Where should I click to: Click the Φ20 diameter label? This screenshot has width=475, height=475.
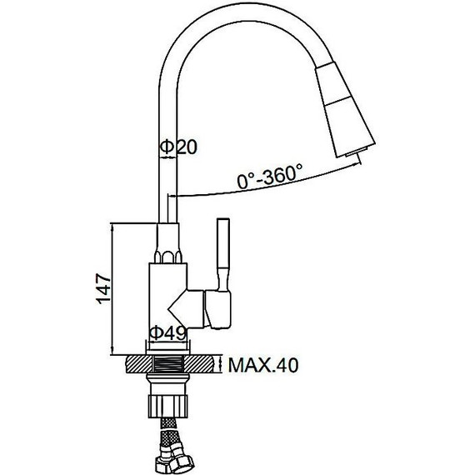coord(177,147)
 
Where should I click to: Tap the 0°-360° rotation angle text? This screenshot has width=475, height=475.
coord(269,178)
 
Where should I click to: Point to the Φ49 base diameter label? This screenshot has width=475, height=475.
coord(167,332)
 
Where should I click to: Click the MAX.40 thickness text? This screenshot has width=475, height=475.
coord(262,365)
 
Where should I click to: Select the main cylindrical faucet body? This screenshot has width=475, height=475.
coord(167,292)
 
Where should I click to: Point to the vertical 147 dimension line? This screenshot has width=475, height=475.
coord(113,289)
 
